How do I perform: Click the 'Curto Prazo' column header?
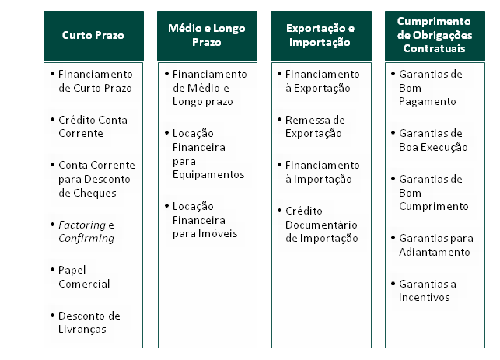[93, 36]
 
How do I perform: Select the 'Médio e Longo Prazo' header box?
[207, 36]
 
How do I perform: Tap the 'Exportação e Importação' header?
[321, 36]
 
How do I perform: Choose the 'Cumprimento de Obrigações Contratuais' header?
[435, 36]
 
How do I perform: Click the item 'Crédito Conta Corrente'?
[93, 127]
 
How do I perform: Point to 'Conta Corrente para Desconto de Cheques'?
[96, 179]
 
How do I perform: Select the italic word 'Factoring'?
[82, 225]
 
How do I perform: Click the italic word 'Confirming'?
[86, 239]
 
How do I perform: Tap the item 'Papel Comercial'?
[84, 277]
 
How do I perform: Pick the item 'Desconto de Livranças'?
[89, 323]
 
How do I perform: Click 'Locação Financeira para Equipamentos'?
[208, 154]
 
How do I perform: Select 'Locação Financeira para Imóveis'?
[205, 220]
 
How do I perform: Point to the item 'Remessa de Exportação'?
[315, 127]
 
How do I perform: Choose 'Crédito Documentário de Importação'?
[321, 225]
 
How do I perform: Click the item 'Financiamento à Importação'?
[323, 172]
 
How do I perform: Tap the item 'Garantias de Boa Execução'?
[433, 140]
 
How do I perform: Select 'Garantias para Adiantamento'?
[436, 245]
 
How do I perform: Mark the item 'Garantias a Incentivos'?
[428, 291]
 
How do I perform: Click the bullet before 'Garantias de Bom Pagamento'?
[393, 74]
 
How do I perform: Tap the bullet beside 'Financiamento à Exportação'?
[280, 74]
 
